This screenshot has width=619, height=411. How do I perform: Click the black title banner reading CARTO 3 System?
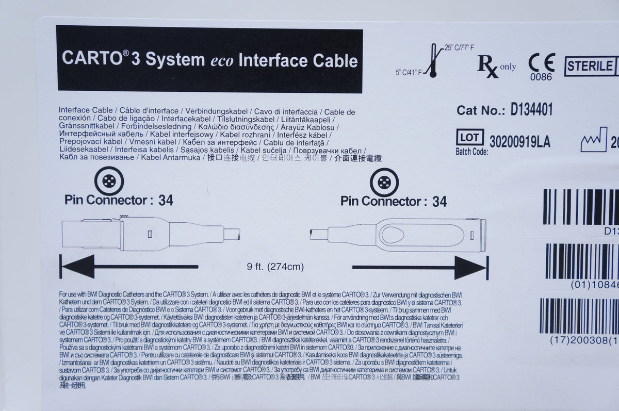click(x=209, y=59)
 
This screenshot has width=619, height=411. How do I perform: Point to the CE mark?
click(x=541, y=63)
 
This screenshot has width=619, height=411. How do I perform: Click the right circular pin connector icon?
click(x=384, y=182)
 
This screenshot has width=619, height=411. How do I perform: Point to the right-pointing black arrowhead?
click(x=471, y=267)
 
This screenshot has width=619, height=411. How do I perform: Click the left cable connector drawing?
click(x=150, y=234)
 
